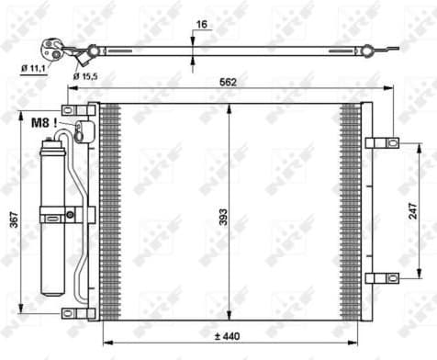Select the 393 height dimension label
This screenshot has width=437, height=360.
point(223,219)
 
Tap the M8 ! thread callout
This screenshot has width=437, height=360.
point(44,121)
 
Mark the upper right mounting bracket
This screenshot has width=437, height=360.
point(381,142)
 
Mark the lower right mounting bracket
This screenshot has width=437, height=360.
point(381,277)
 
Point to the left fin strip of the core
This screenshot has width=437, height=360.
point(109,210)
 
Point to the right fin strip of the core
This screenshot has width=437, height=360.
point(351,210)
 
